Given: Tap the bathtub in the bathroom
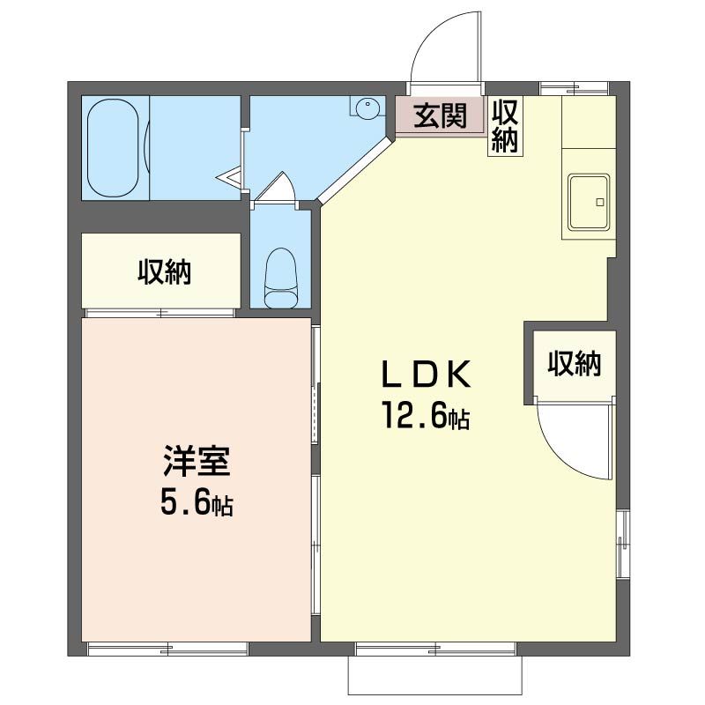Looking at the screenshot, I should coord(113,148).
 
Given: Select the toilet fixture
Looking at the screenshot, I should coord(282,278).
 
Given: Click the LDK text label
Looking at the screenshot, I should coord(427,375).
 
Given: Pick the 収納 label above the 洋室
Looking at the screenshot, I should coord(163,273).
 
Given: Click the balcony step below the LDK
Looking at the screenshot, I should coord(437,676).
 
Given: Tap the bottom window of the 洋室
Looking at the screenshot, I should coord(167,649).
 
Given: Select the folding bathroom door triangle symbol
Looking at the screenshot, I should coord(231,179).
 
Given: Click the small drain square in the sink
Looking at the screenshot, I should coord(599,203).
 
